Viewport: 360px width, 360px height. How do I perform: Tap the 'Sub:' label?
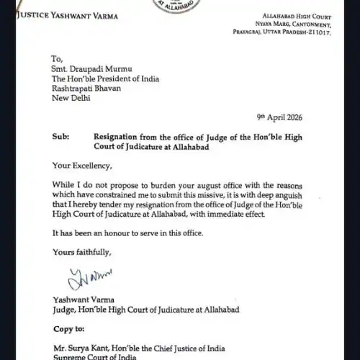[62, 135]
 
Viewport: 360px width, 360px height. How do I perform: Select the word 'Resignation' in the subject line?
[120, 135]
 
